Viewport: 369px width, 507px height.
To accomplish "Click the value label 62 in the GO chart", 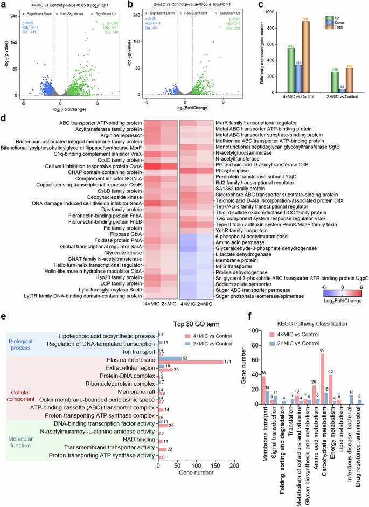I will [x=184, y=372].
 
